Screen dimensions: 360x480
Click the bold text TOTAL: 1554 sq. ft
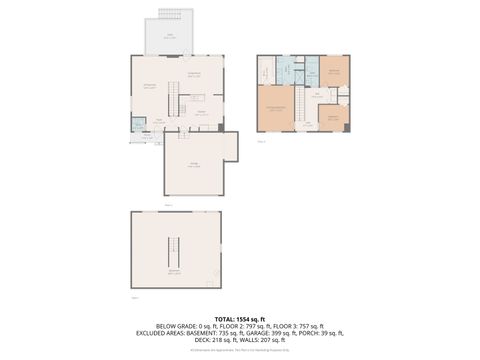(x=240, y=318)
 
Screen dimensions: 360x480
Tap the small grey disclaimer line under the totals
(x=240, y=349)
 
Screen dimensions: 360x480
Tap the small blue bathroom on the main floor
(x=137, y=125)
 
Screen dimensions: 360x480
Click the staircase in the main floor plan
(x=171, y=101)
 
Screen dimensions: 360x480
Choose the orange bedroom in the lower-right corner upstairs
(x=333, y=117)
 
